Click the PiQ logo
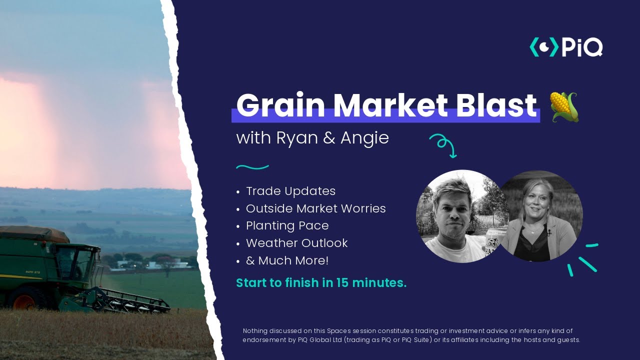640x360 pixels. (566, 47)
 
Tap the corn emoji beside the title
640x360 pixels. (564, 106)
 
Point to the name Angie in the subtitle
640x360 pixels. (364, 138)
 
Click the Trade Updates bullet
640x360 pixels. (290, 191)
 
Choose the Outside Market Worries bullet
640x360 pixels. (315, 208)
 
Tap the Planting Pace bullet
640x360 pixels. (287, 225)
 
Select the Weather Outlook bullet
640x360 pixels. (296, 243)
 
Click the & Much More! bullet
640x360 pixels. (287, 260)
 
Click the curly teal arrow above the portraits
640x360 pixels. (443, 145)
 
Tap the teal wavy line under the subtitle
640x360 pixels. (252, 167)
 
